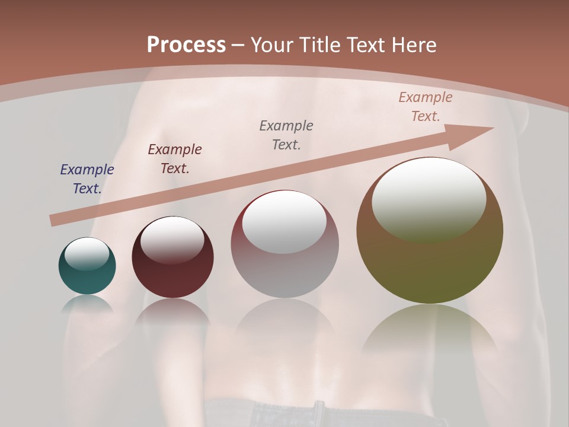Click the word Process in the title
pos(186,45)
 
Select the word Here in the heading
pos(414,45)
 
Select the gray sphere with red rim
pos(284,267)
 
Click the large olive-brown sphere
pos(430,261)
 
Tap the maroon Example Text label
pos(175,159)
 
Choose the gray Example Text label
pos(286,135)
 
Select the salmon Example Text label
pos(426,107)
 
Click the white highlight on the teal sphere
pos(87,254)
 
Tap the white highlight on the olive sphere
pos(429,199)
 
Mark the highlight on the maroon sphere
pos(172,240)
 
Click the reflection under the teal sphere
pos(87,304)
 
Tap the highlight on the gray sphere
pos(284,223)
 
